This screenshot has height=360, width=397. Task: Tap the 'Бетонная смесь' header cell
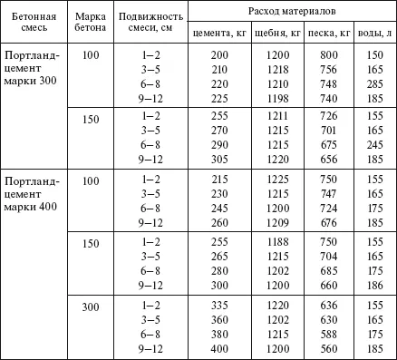pyautogui.click(x=34, y=24)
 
